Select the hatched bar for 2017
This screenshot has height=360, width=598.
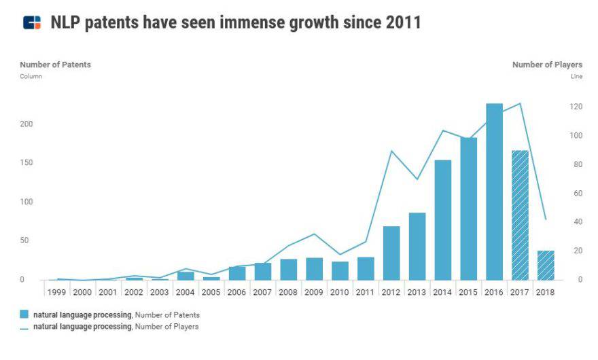520,215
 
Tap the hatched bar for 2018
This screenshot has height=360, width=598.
546,265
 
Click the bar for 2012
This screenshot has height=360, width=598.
391,253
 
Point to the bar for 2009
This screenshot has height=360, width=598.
314,268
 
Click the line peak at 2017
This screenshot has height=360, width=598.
520,103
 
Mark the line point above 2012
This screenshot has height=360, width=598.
391,151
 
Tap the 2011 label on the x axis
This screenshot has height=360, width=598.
366,292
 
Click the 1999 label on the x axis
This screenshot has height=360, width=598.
57,292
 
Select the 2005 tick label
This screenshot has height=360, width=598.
211,292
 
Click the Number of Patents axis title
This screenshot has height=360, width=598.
55,65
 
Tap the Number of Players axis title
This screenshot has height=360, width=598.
547,65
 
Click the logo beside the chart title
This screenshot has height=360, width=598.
31,22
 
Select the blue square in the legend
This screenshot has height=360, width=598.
24,314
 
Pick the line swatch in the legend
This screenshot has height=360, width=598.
24,327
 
